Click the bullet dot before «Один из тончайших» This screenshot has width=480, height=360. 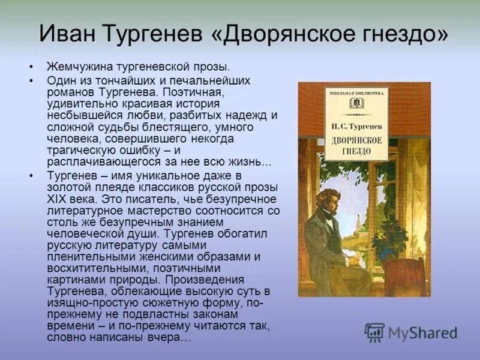coord(31,80)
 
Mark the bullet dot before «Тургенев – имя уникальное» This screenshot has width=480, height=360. coord(31,175)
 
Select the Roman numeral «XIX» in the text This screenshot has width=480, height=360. coord(58,197)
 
